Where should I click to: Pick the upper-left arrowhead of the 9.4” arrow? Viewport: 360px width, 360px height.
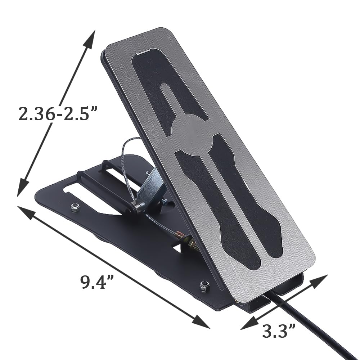[x=26, y=211]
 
